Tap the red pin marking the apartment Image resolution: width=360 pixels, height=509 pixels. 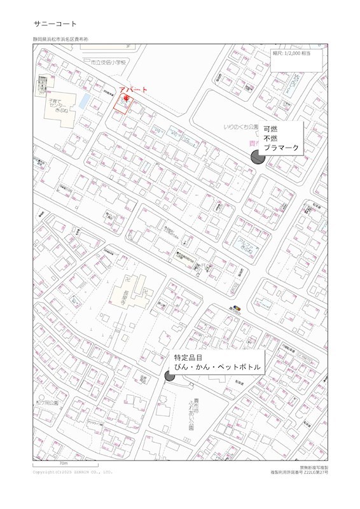point(125,99)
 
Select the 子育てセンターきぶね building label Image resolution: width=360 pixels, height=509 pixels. point(57,105)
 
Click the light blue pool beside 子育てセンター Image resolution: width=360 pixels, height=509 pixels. point(83,101)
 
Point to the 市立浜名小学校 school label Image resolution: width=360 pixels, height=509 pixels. point(109,63)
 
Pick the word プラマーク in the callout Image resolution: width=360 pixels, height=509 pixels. point(281,148)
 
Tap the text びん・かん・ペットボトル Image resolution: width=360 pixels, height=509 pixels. point(214,368)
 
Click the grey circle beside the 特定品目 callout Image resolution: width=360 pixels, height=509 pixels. point(170,375)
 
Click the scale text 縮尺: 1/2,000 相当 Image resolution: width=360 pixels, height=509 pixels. point(292,54)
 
